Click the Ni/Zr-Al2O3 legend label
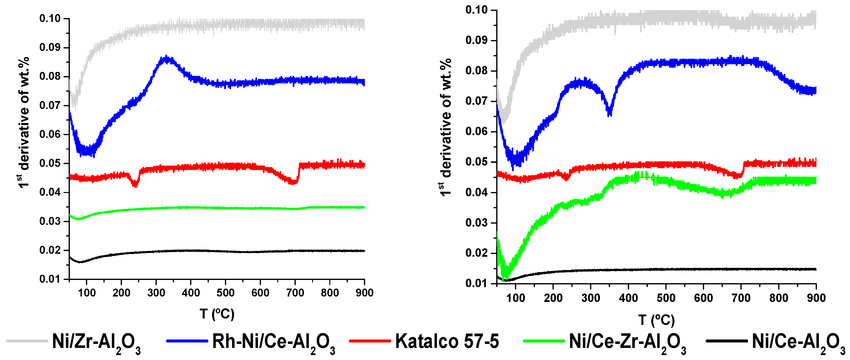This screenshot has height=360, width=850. pos(96,342)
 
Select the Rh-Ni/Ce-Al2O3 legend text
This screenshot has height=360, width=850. pos(274,342)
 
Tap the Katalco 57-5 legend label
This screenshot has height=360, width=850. pos(447,341)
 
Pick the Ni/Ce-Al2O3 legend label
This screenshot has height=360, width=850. pos(798,342)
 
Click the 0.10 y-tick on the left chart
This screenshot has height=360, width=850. pos(50,19)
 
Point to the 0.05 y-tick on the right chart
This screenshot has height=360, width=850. pos(476,162)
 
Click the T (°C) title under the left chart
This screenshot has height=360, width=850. pos(217,314)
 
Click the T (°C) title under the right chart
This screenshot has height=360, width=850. pos(656,320)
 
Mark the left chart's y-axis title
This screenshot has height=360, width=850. pos(24,122)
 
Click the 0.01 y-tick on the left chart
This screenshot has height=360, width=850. pos(50,279)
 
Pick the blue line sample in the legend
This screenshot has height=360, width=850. pos(187,341)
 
